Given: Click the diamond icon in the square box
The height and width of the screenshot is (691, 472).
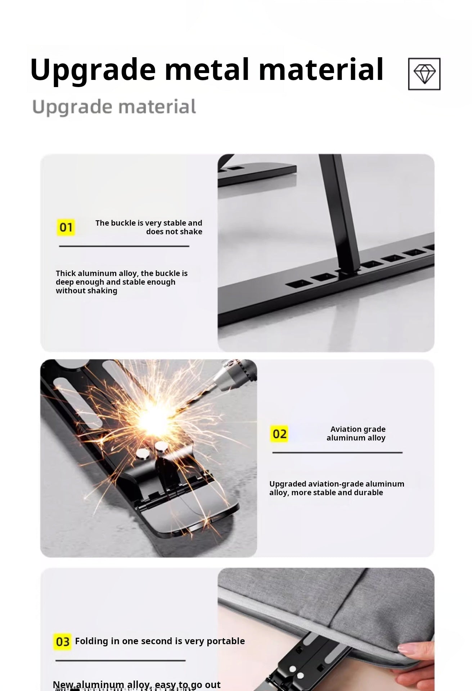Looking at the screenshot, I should [424, 74].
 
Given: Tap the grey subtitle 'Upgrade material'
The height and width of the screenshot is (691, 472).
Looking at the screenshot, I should [114, 107].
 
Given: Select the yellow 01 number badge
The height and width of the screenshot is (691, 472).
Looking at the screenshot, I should [66, 227].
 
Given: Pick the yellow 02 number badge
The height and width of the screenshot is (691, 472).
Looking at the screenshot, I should [279, 434].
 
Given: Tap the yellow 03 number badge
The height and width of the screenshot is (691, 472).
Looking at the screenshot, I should [62, 642].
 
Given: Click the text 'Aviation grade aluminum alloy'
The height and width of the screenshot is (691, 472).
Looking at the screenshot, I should [356, 433].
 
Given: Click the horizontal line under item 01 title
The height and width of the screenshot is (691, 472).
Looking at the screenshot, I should [124, 246].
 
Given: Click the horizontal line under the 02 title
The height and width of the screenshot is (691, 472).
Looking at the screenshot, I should [337, 452].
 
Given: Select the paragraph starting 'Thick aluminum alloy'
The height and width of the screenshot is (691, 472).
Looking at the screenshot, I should [121, 282].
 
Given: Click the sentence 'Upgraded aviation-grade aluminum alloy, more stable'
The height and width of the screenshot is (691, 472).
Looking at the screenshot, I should [336, 488].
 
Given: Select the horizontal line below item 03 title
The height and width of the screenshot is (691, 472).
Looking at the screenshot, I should [120, 660].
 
